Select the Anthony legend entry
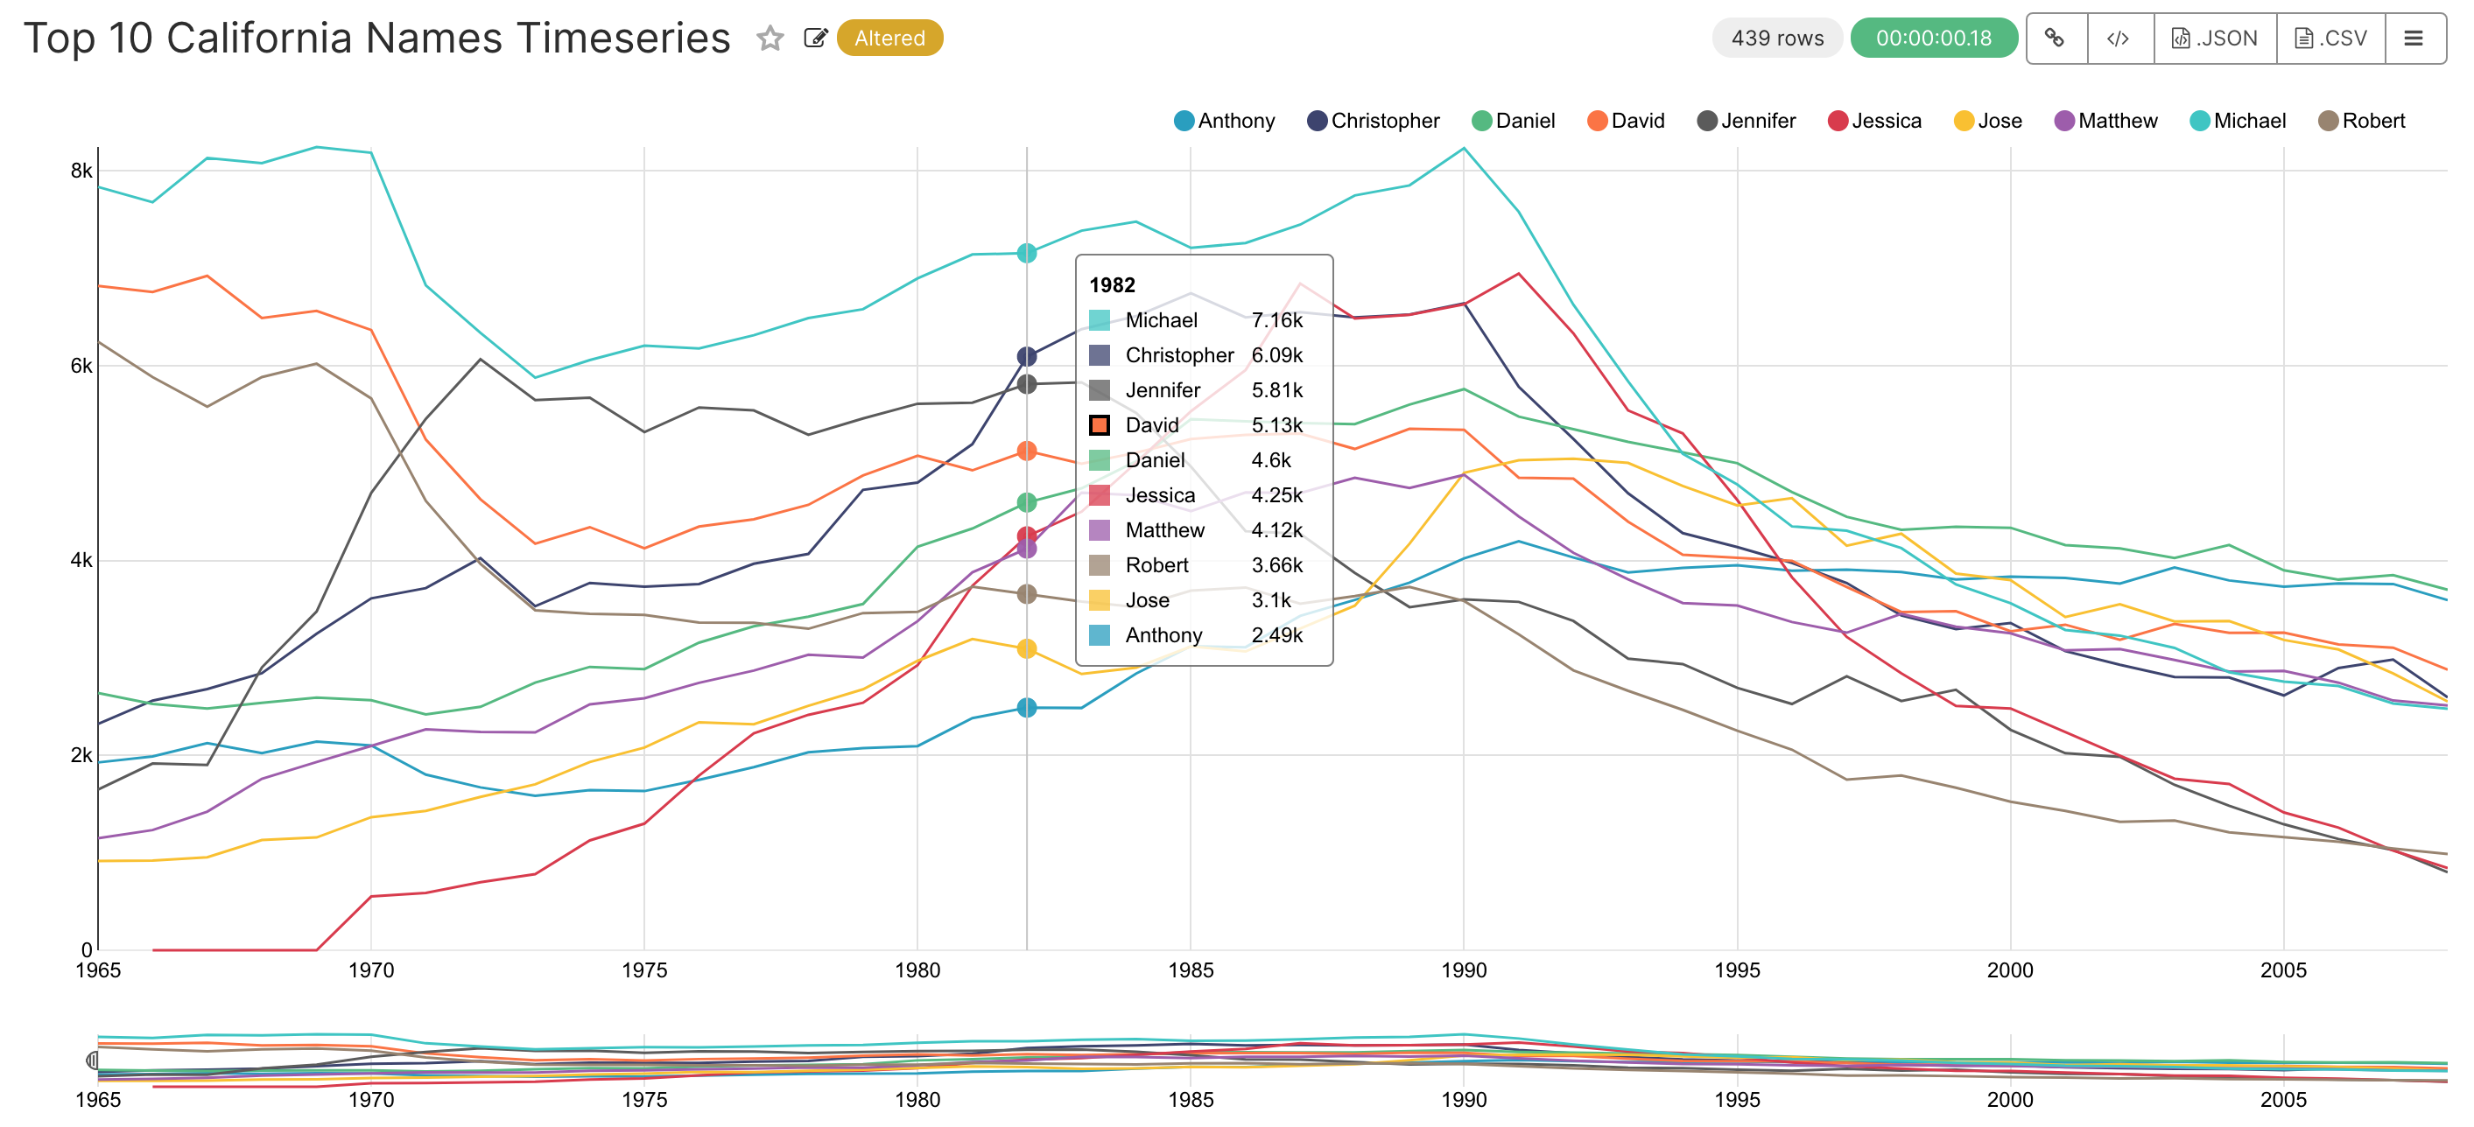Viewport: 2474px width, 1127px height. (x=1225, y=121)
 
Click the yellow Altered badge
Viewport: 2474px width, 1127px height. (x=889, y=38)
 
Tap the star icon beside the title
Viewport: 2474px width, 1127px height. (x=770, y=38)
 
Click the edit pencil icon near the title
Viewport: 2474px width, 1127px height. (x=815, y=38)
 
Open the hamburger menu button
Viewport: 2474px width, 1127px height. (x=2413, y=38)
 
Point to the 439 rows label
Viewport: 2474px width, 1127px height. (x=1777, y=38)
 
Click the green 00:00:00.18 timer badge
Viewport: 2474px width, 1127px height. (x=1933, y=38)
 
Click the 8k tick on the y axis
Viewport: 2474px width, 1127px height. (x=81, y=171)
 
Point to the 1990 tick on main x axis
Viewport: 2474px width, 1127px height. (x=1463, y=969)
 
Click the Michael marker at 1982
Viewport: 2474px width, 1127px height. (x=1027, y=254)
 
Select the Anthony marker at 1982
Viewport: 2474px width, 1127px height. (x=1027, y=708)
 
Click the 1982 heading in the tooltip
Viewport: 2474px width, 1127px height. (x=1111, y=285)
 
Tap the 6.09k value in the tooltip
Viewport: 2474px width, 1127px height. (x=1276, y=355)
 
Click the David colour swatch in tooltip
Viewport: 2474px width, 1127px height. (x=1100, y=425)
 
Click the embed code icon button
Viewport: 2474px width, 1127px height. (x=2118, y=38)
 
